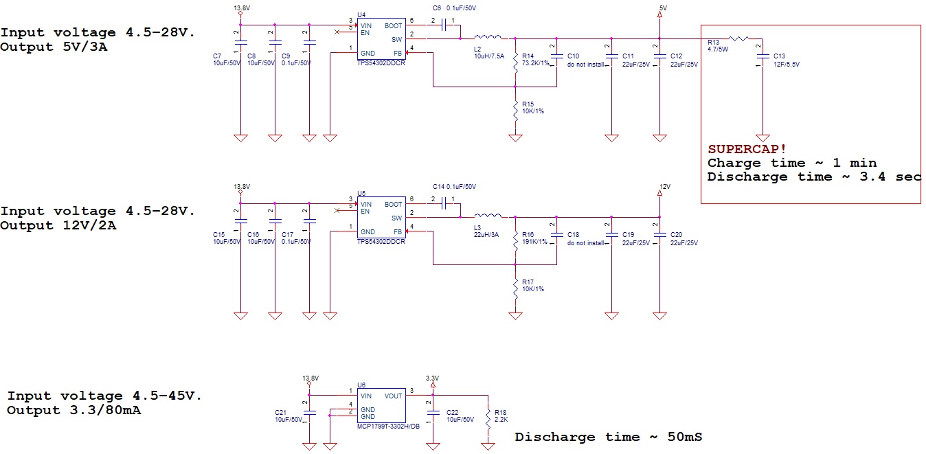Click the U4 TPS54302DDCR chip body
coord(381,39)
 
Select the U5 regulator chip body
coord(381,218)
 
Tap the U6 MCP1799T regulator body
coord(381,406)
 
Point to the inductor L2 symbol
coord(488,37)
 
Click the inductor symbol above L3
coord(488,216)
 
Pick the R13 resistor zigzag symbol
coord(738,39)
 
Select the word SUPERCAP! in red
coord(747,149)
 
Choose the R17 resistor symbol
coord(515,288)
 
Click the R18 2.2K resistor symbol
coord(488,419)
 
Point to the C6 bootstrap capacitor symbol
coord(444,25)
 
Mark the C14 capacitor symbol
coord(444,203)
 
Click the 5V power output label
coord(663,8)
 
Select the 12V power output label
coord(665,187)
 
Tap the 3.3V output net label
coord(432,378)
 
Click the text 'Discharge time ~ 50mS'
coord(609,437)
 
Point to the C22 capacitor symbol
coord(433,413)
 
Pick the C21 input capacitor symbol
coord(309,413)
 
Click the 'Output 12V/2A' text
coord(58,225)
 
